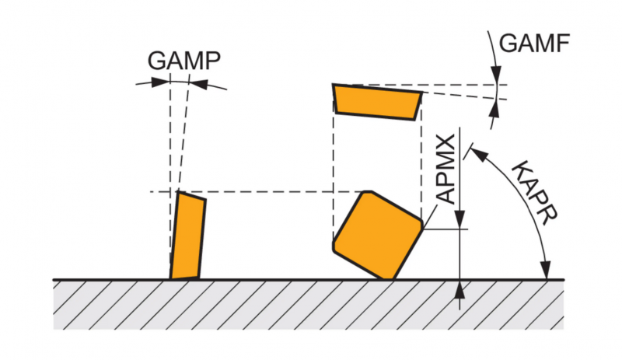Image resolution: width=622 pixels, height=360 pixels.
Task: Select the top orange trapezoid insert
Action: pos(377,101)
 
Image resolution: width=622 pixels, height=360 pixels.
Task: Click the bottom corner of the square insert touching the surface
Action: pos(386,278)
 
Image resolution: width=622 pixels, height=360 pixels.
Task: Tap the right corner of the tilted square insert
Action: pos(424,226)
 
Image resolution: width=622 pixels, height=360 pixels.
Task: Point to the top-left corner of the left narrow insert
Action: pos(179,192)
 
